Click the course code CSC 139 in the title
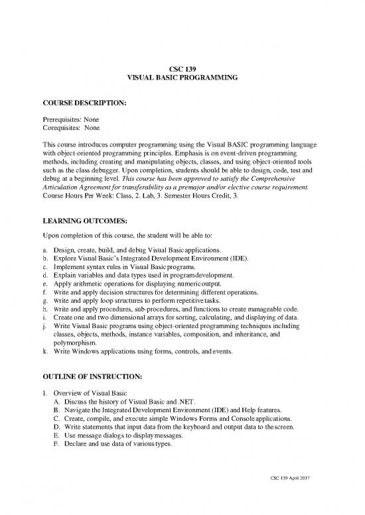(182, 68)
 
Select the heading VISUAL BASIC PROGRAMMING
(182, 78)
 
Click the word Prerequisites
(63, 120)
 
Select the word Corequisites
(62, 129)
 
